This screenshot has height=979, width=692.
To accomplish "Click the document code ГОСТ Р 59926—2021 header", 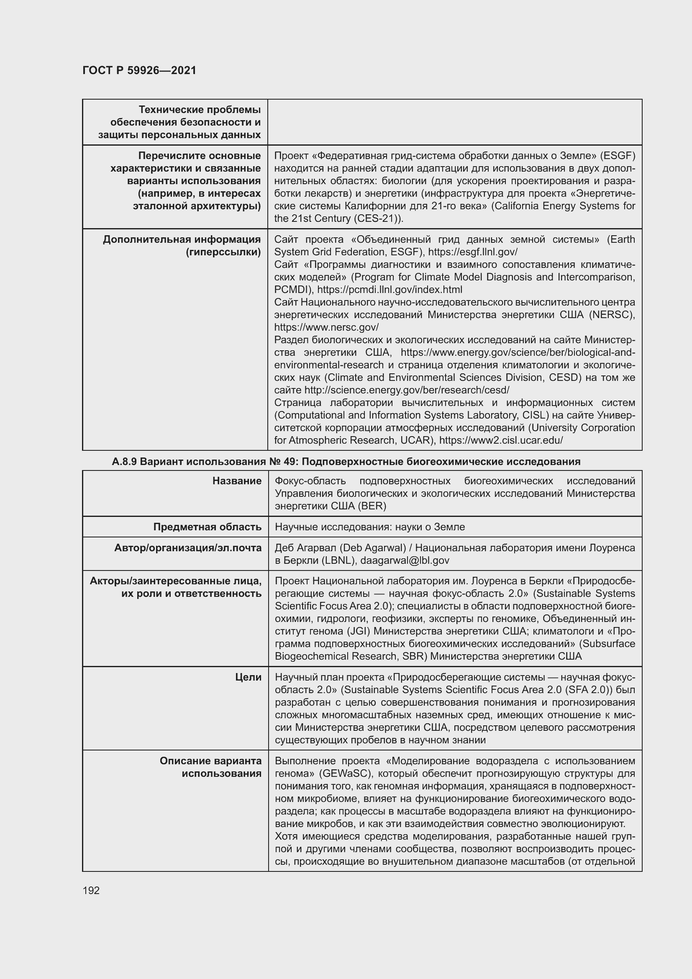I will pyautogui.click(x=139, y=70).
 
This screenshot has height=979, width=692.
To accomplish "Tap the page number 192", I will pyautogui.click(x=91, y=890).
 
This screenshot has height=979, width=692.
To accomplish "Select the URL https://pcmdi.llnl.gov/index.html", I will pyautogui.click(x=390, y=290).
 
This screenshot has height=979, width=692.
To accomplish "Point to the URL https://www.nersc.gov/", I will pyautogui.click(x=326, y=327).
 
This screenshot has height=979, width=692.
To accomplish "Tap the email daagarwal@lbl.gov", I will pyautogui.click(x=405, y=560).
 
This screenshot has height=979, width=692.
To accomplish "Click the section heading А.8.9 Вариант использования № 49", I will pyautogui.click(x=346, y=462).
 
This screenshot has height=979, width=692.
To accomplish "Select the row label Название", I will pyautogui.click(x=237, y=481).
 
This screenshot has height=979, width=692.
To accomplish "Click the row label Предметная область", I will pyautogui.click(x=207, y=527).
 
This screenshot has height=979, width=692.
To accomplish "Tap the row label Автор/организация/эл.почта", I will pyautogui.click(x=187, y=548).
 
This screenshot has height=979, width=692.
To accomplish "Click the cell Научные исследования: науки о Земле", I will pyautogui.click(x=369, y=527).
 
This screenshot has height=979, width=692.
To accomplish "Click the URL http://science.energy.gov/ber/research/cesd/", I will pyautogui.click(x=407, y=390).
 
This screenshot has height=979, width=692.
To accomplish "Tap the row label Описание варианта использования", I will pyautogui.click(x=210, y=767).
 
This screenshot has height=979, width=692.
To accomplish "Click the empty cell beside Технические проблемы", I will pyautogui.click(x=455, y=122).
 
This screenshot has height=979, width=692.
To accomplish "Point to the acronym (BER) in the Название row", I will pyautogui.click(x=372, y=506).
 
